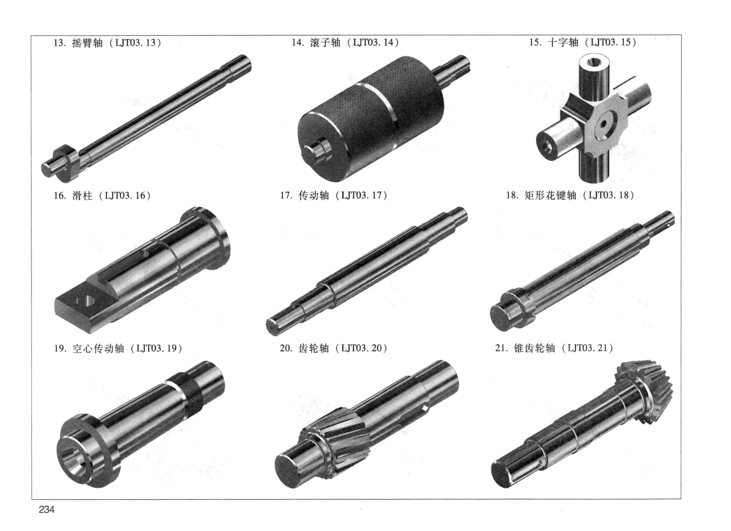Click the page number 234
click(47, 509)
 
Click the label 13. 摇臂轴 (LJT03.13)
click(107, 43)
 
